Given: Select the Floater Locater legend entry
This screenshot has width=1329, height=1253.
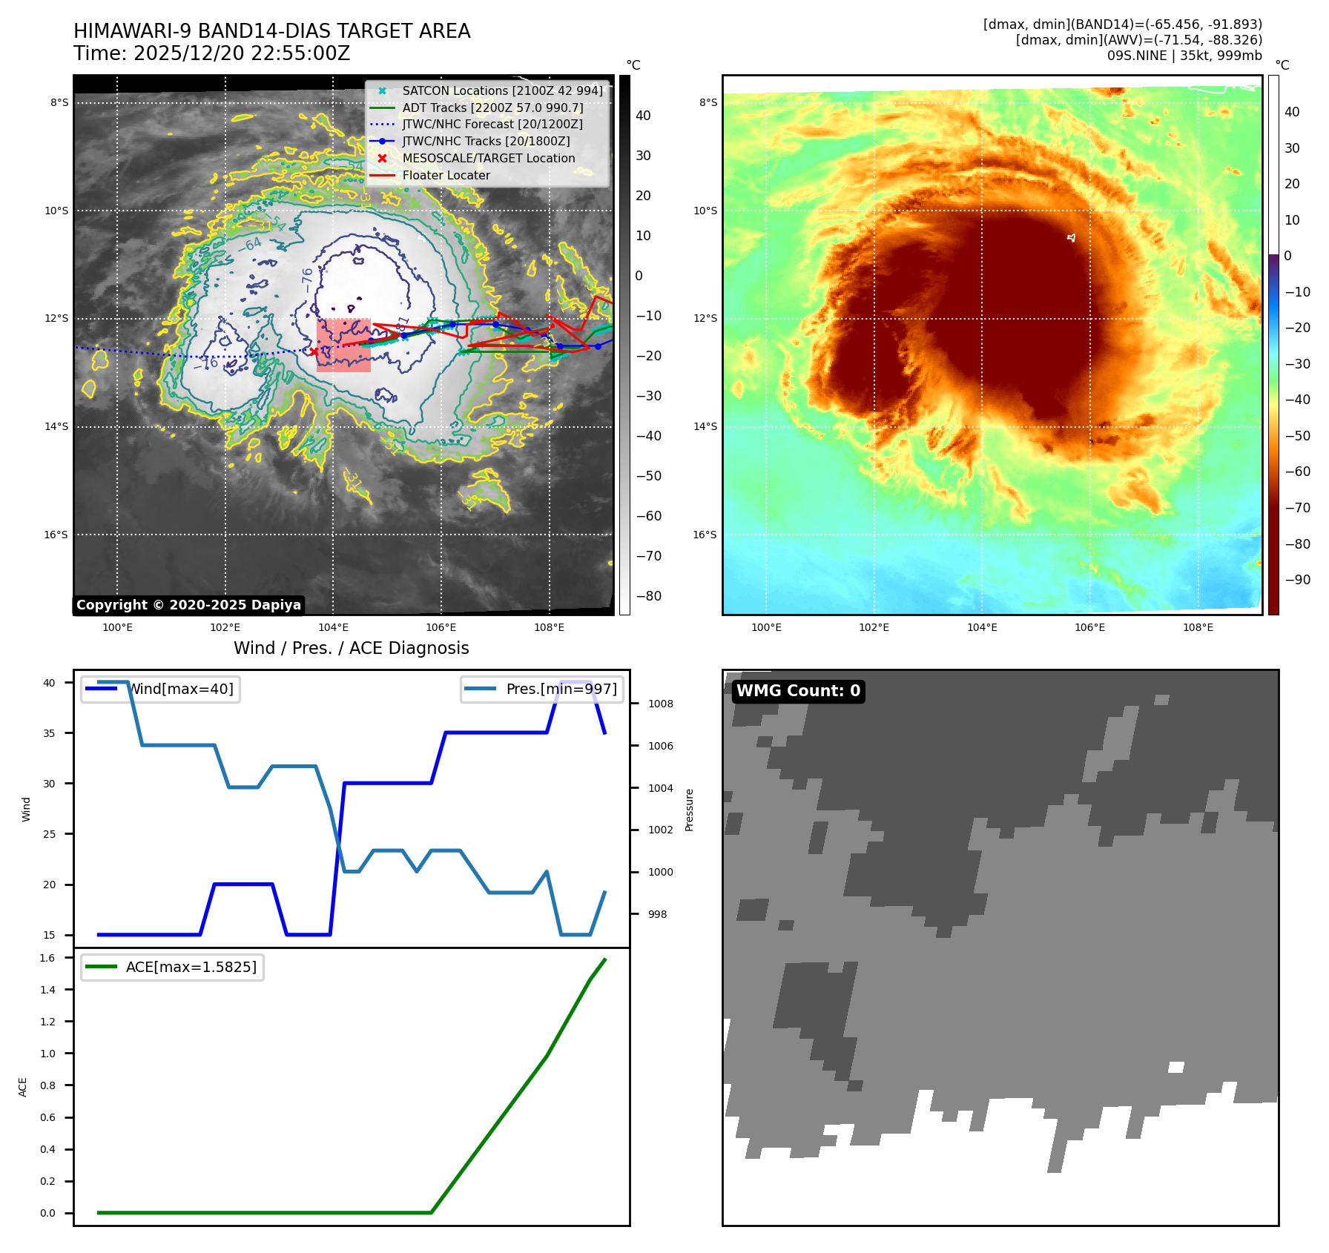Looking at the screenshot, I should [446, 176].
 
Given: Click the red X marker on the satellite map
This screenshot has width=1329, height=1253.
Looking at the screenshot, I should [314, 351].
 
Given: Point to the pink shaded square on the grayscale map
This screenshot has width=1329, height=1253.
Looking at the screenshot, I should [343, 345].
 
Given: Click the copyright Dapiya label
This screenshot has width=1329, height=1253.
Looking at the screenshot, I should [188, 605].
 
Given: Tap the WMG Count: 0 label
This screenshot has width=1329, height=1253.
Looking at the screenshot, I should [798, 691].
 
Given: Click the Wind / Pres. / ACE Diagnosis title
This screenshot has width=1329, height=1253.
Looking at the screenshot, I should [352, 648].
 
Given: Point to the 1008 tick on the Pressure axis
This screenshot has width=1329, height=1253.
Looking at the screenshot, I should [660, 704].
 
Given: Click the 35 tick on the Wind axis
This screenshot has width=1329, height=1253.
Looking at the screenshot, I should [49, 733].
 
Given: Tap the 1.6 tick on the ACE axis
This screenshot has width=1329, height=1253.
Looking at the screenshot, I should [47, 958].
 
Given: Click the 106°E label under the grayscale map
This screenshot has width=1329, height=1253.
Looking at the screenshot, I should [441, 627].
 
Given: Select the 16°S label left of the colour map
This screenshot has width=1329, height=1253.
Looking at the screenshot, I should [705, 535].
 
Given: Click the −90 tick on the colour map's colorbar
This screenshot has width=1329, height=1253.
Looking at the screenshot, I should [1297, 580].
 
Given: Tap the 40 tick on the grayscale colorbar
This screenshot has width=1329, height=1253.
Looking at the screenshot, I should [643, 116].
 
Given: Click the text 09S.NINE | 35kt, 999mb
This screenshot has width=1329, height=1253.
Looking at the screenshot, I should [1184, 56].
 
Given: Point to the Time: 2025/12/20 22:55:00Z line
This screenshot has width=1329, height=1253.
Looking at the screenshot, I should [211, 53].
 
